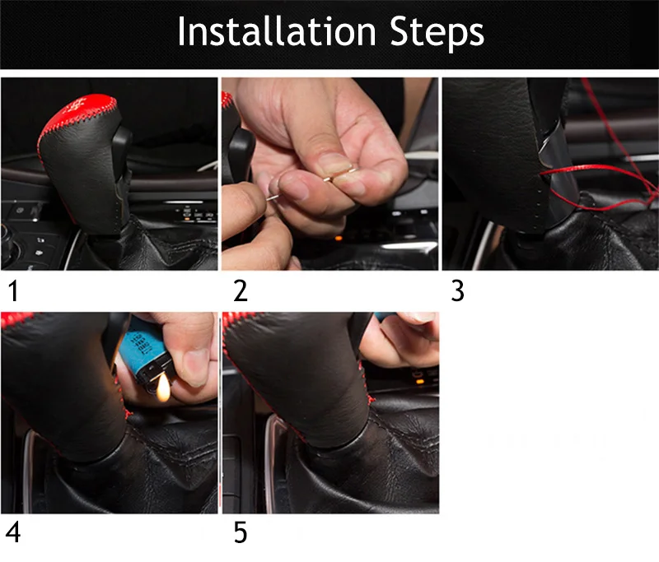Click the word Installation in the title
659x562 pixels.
(x=277, y=31)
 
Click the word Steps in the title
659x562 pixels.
(x=437, y=34)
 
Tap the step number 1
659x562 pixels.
(x=13, y=290)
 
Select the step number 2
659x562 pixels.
(x=241, y=290)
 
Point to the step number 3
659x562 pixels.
(x=457, y=290)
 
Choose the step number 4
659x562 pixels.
(x=13, y=532)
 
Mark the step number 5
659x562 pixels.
(x=241, y=532)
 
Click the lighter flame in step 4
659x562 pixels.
(x=163, y=388)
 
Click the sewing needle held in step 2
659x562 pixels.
(x=311, y=183)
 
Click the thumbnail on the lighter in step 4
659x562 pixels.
(x=194, y=368)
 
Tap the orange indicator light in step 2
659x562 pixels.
(x=339, y=239)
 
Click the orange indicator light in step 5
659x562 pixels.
(x=419, y=382)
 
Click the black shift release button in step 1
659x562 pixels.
(x=122, y=145)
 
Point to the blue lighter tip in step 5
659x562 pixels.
(x=385, y=316)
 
